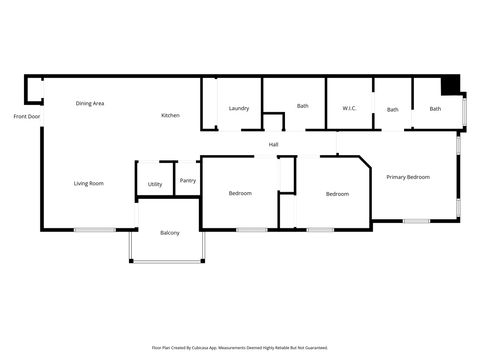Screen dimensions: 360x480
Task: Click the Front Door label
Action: point(27,117)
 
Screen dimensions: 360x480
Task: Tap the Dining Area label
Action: point(90,103)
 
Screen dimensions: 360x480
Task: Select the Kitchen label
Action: point(171,116)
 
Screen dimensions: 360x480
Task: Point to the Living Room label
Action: point(89,183)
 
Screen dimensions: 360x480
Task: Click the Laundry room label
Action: point(238,108)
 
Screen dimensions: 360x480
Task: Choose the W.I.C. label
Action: point(349,108)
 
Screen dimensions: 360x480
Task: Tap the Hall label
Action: point(273,145)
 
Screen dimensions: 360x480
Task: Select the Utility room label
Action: point(155,184)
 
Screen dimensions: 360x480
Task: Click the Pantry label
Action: point(188,181)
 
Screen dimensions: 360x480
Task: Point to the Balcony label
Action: point(170,233)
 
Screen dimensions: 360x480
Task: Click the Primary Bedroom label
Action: point(408,177)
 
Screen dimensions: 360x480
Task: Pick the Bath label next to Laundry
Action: point(302,105)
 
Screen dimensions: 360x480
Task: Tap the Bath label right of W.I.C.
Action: point(392,110)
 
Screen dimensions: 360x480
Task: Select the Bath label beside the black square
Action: point(435,109)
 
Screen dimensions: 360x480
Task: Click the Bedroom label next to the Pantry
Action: point(240,193)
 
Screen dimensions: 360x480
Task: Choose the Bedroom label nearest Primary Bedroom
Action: point(337,194)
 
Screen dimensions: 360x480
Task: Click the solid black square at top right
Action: point(450,85)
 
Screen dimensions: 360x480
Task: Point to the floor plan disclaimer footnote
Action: point(240,348)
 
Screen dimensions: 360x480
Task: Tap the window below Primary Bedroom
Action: point(416,221)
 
